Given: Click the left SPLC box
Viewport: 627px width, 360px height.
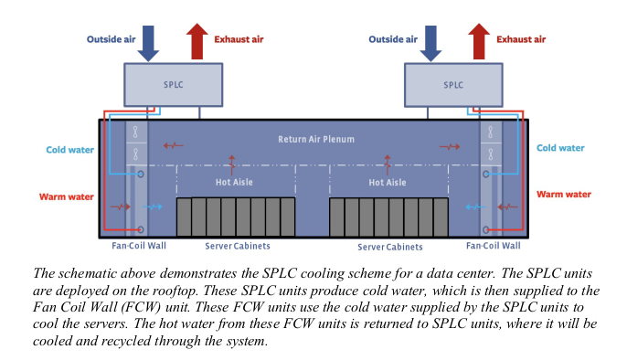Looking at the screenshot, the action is [x=173, y=85].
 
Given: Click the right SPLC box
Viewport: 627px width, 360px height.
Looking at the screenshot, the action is [x=453, y=85].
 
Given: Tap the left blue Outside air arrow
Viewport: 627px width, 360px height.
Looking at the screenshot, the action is [x=148, y=44].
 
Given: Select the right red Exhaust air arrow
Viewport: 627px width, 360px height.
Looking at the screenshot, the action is [x=479, y=41].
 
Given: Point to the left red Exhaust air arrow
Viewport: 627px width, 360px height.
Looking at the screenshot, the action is [x=197, y=41].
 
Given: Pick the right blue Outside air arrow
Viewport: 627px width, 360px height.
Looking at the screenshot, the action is [x=430, y=44].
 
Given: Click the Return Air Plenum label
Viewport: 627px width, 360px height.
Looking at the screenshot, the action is [x=316, y=140].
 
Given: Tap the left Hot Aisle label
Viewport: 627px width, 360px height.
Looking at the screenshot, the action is [x=234, y=182].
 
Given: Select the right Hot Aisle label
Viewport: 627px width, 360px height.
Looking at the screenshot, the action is [x=388, y=183].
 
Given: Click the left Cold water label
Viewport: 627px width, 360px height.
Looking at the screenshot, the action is [x=70, y=150].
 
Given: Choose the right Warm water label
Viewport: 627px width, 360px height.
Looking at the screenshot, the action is [x=564, y=195].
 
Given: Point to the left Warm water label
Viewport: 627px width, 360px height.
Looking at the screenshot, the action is [x=67, y=197].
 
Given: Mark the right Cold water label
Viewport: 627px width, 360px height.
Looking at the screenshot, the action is [x=560, y=148].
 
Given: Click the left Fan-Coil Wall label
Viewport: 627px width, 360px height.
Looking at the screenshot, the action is [x=139, y=245].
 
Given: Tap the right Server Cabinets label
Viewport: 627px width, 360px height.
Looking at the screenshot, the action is [x=390, y=247].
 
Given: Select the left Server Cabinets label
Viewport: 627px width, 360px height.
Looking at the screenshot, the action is [x=238, y=246].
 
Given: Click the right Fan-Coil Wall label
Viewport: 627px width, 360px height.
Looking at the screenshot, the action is [x=494, y=245].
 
